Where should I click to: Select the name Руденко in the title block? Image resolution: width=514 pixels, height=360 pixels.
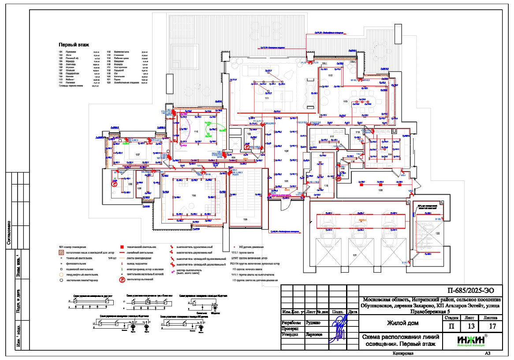pyautogui.click(x=314, y=322)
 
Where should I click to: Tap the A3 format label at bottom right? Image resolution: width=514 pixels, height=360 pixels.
pyautogui.click(x=487, y=353)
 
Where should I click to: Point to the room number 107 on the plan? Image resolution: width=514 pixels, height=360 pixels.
pyautogui.click(x=138, y=154)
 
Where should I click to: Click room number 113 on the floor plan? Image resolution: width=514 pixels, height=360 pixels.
pyautogui.click(x=345, y=102)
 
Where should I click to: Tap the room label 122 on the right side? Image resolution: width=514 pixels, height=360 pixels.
pyautogui.click(x=438, y=232)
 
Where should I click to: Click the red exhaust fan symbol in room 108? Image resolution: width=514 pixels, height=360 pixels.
pyautogui.click(x=114, y=185)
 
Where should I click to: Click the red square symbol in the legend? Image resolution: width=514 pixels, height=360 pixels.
pyautogui.click(x=121, y=247)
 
